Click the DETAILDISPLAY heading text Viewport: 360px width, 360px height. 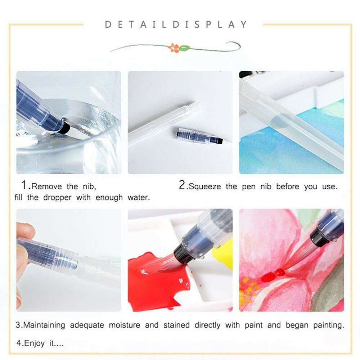point(176,24)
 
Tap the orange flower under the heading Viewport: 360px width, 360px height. point(174,48)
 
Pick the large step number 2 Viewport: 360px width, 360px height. point(182,185)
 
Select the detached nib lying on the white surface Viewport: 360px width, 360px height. point(199,136)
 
